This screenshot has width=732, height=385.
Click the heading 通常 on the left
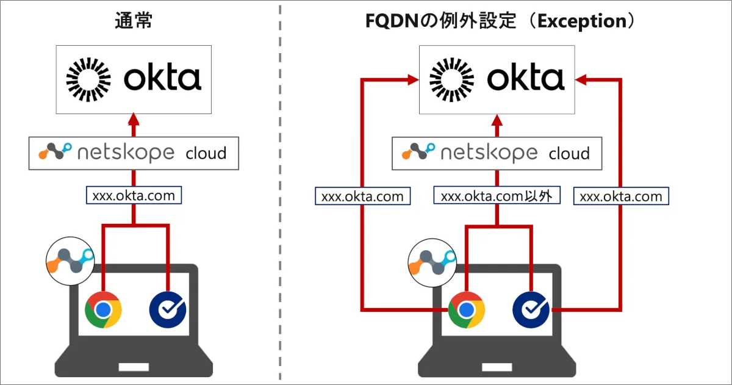(133, 22)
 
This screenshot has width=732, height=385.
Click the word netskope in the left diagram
(126, 153)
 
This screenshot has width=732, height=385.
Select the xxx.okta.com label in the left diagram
(134, 196)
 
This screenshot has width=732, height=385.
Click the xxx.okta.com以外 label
(497, 196)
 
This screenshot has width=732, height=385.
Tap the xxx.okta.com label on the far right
(621, 196)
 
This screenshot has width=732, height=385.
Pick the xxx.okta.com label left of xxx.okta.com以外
(362, 196)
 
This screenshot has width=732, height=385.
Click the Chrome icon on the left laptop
(103, 310)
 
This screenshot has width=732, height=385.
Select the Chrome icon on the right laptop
(466, 310)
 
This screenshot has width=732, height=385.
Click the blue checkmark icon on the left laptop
(168, 310)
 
